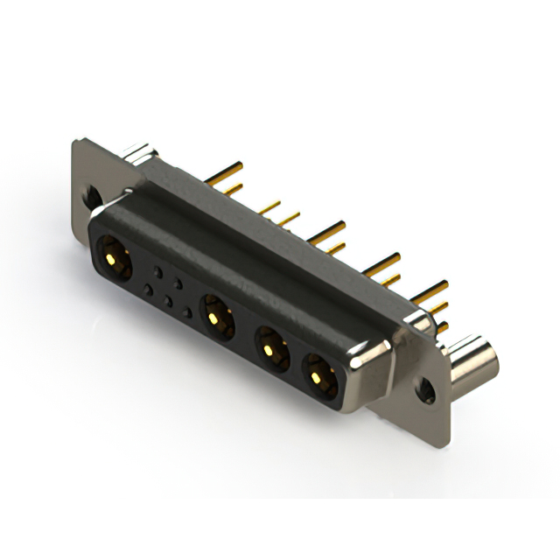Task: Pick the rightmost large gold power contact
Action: (319, 377)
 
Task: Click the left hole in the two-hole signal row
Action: (158, 270)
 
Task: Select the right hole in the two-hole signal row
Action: (178, 283)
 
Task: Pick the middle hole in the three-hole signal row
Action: (168, 300)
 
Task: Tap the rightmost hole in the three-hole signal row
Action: (187, 311)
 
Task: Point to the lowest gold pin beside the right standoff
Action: (442, 327)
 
